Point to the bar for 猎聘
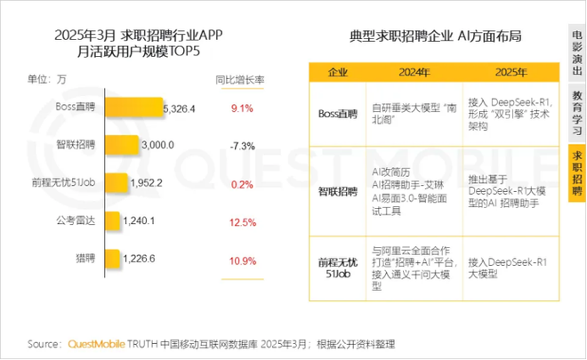[x=113, y=260]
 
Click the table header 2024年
[x=412, y=71]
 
